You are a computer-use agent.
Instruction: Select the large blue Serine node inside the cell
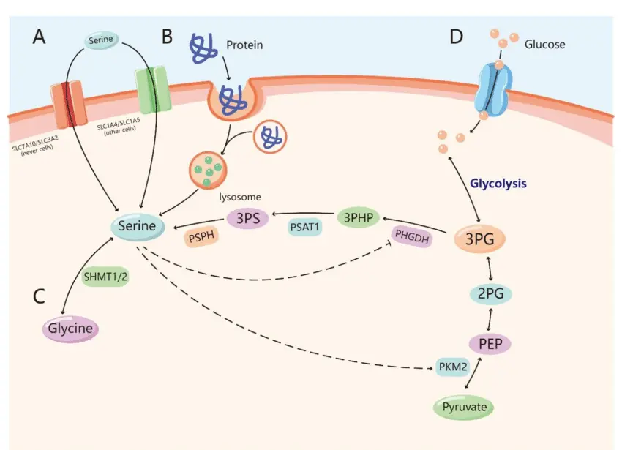tap(137, 226)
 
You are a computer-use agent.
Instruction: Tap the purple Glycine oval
tap(70, 329)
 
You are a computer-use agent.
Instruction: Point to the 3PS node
tap(249, 217)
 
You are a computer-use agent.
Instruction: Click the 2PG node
tap(490, 294)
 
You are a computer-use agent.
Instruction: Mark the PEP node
tap(490, 343)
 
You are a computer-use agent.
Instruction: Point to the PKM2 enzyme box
tap(452, 368)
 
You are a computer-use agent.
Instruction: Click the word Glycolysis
tap(498, 184)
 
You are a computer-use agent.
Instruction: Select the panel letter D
tap(456, 36)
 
